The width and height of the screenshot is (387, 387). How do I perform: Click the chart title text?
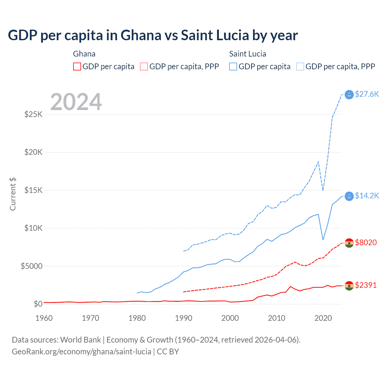coord(153,35)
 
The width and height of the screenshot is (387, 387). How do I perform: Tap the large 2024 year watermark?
coord(76,102)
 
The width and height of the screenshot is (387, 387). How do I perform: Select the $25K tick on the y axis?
coord(33,115)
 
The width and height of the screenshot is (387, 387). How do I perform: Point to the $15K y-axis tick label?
coord(33,190)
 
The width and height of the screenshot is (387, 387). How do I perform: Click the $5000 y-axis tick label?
coord(31,266)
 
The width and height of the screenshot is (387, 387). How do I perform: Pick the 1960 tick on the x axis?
coord(44,318)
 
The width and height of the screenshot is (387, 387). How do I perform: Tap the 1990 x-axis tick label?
coord(184,318)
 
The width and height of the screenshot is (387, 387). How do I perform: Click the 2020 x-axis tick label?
coord(323,318)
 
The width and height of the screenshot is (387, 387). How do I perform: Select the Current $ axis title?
coord(13,194)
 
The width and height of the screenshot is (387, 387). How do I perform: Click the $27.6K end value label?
coord(367,94)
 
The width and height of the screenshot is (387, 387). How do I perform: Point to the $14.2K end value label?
coord(367,196)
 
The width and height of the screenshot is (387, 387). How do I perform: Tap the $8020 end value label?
coord(366,242)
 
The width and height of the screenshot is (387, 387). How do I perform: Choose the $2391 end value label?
coord(366,285)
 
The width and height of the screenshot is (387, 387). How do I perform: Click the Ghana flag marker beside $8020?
coord(349,243)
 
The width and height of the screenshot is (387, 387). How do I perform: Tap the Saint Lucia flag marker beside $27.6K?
coord(349,95)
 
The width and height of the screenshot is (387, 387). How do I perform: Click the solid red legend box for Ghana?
coord(77,67)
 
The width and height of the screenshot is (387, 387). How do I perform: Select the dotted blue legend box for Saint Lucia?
coord(300,67)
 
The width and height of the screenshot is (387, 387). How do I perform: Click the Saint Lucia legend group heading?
coord(248,54)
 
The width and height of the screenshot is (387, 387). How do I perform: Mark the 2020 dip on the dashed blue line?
coord(323,190)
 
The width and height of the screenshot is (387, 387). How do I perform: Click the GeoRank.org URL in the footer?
coord(81,352)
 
